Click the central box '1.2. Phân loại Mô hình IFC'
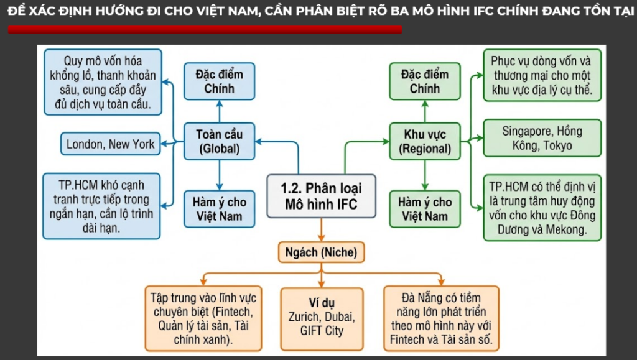321,196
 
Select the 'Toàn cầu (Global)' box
219,142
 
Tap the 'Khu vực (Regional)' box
425,142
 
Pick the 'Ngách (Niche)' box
320,252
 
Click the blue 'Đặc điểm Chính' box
219,81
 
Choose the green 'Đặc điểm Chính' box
425,81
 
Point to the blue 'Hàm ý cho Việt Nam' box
219,210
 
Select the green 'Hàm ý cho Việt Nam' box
425,210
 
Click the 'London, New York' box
111,144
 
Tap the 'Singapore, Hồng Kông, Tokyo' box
542,139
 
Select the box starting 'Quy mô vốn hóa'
103,83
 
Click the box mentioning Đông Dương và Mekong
542,208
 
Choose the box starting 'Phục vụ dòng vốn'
542,76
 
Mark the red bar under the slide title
205,29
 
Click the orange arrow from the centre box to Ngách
321,230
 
